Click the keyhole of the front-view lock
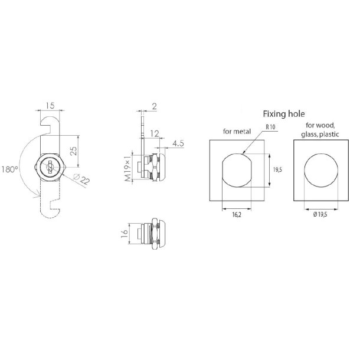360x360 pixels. pyautogui.click(x=50, y=168)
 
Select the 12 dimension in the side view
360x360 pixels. pyautogui.click(x=154, y=135)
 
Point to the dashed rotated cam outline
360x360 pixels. pyautogui.click(x=50, y=198)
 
